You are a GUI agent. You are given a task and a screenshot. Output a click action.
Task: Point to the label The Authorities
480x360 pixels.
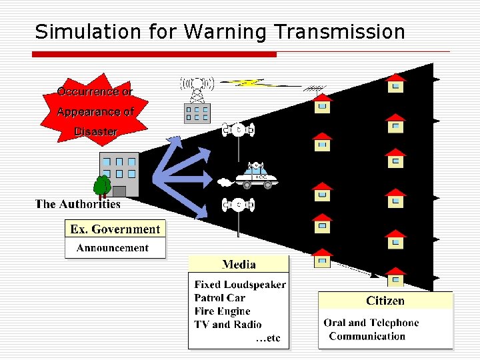pos(78,205)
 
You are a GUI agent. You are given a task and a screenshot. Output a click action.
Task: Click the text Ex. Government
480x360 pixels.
pos(115,229)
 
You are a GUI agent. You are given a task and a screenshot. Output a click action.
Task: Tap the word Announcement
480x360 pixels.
pos(113,248)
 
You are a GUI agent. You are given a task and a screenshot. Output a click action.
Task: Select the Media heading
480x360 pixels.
pos(239,264)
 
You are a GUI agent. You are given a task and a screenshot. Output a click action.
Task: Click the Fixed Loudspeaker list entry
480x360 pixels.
pos(240,285)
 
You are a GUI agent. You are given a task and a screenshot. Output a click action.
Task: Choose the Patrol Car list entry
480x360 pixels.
pos(219,298)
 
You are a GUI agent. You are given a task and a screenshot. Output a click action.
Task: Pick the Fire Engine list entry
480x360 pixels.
pos(222,311)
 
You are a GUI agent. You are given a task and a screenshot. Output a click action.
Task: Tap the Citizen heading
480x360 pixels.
pos(385,301)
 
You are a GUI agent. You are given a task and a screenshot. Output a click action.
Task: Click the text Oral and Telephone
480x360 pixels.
pos(371,323)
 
